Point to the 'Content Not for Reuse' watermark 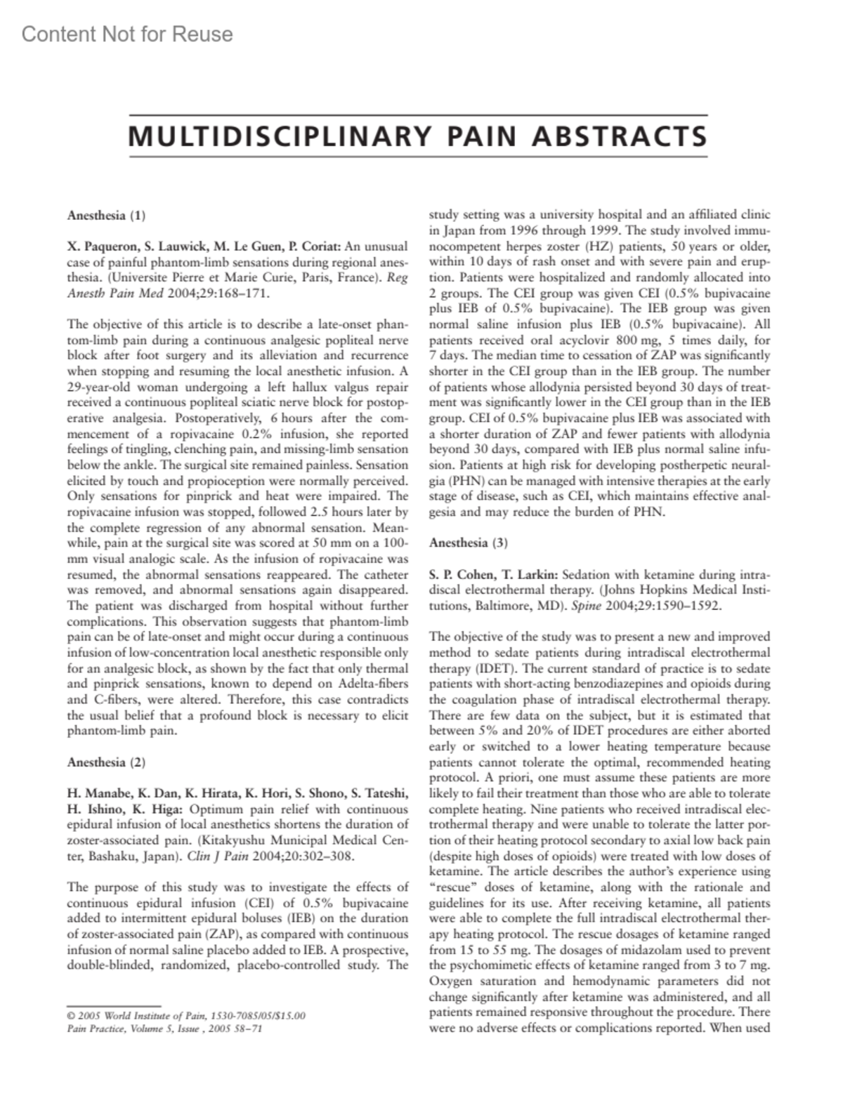127,34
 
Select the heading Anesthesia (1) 106,216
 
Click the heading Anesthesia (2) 106,762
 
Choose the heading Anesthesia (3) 468,542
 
